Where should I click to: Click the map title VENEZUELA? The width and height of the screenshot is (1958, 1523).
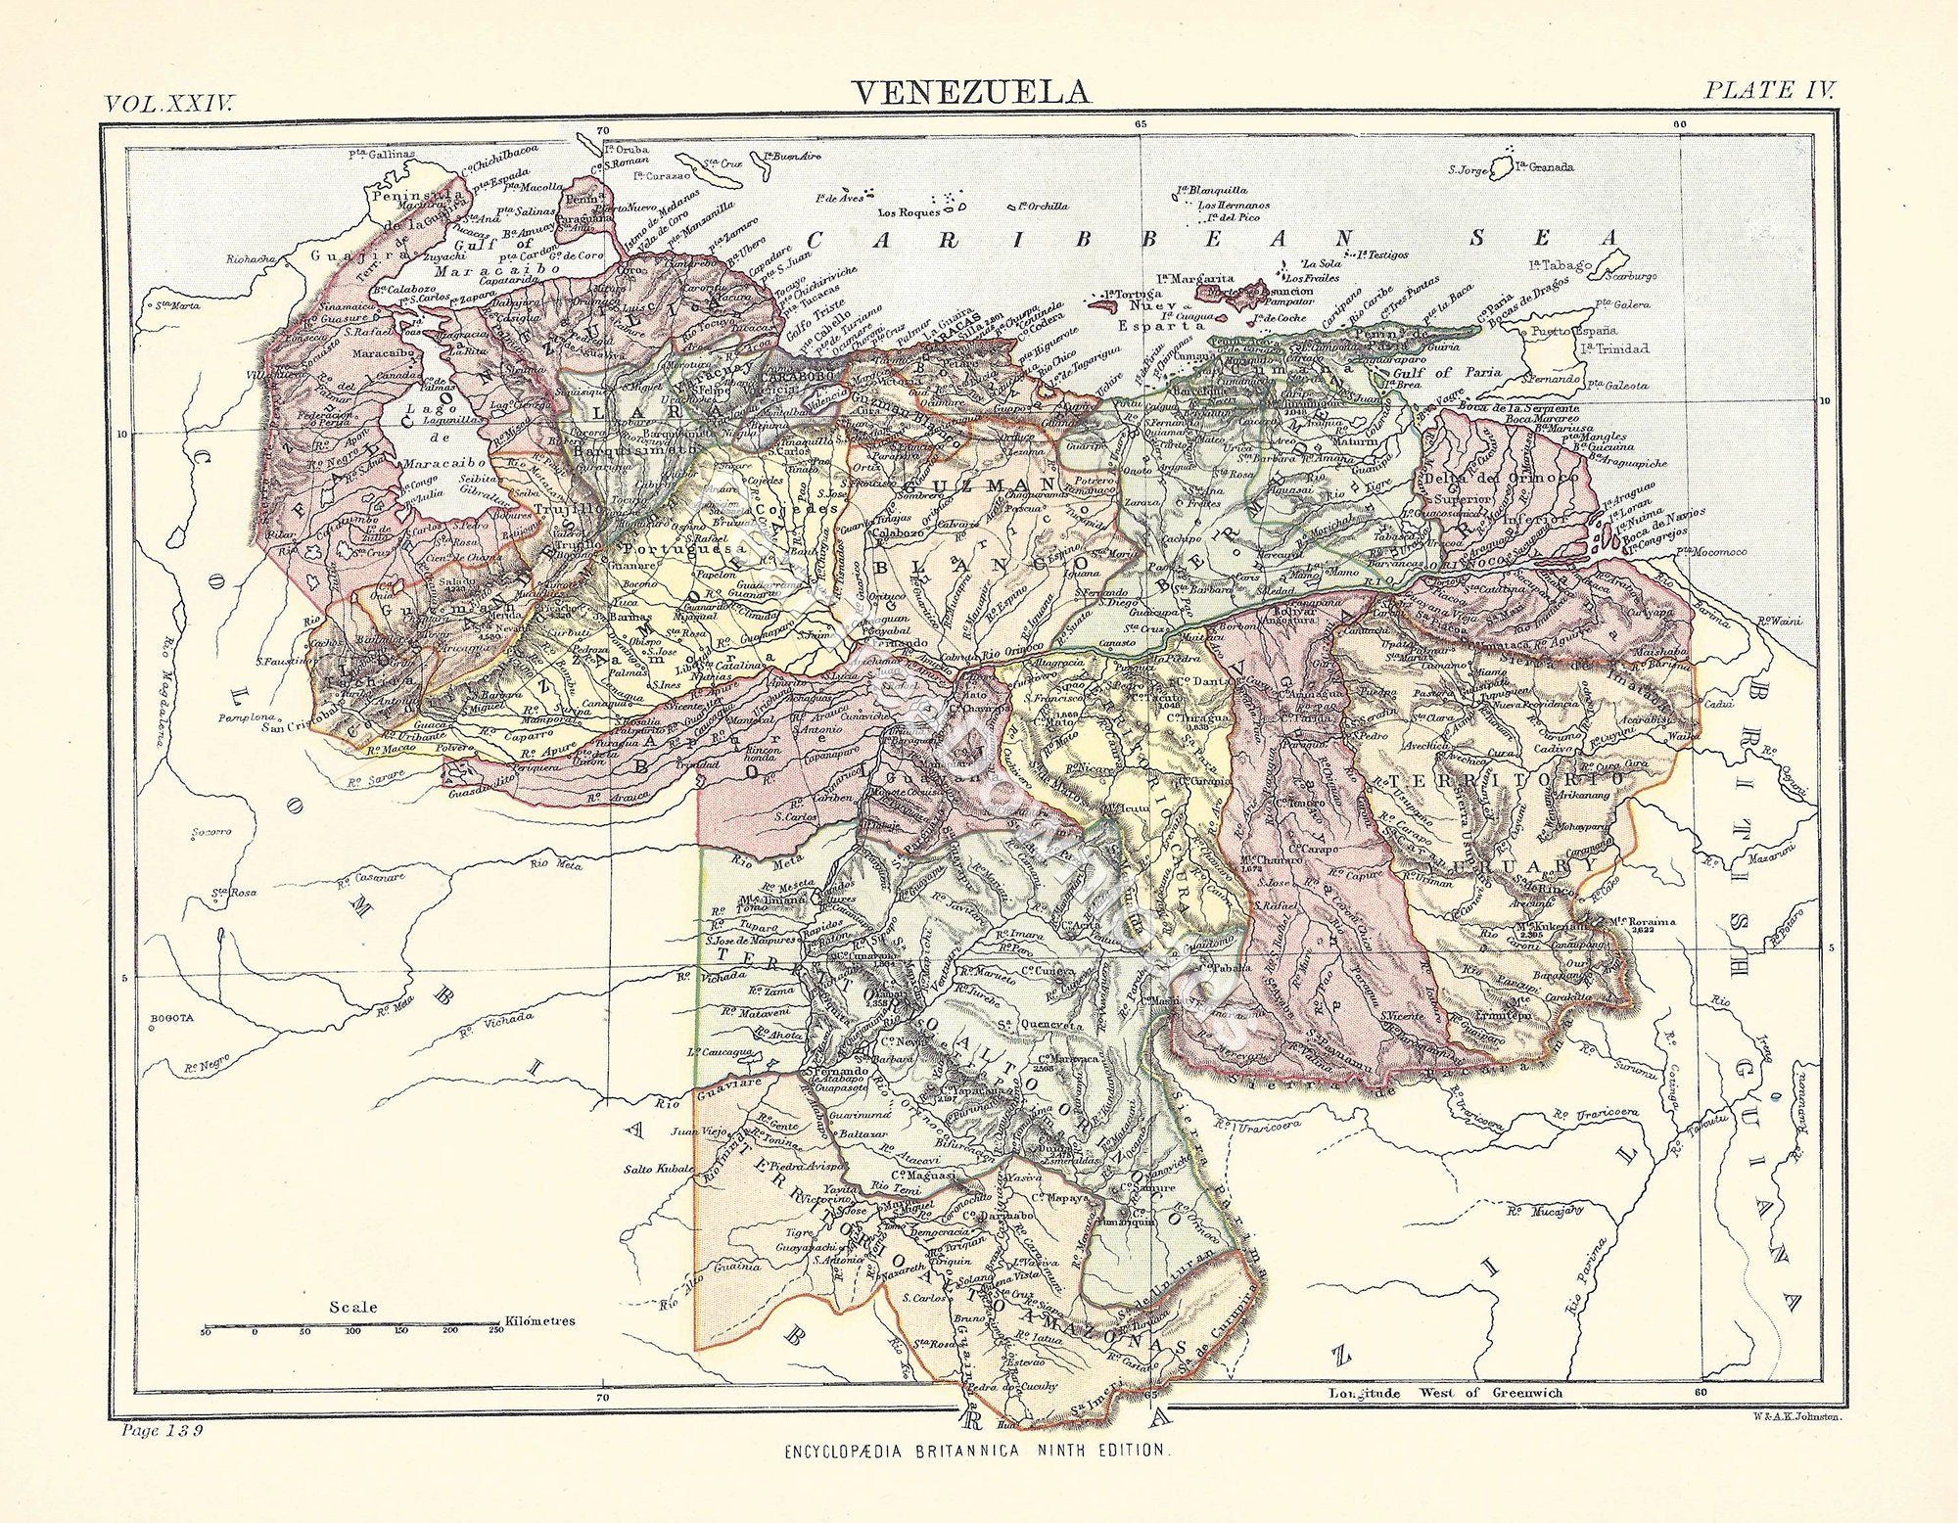point(970,92)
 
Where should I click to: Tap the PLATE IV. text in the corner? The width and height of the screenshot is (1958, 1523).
point(1768,90)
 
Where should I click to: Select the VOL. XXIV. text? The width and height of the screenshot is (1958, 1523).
point(169,104)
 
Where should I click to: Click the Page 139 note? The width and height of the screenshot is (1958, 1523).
point(162,1430)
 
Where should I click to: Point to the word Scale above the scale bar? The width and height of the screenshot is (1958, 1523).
point(352,1307)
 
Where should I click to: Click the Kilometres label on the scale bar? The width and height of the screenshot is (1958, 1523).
point(539,1320)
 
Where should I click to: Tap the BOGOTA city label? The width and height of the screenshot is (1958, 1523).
point(172,1018)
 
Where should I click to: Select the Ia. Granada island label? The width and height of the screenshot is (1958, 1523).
point(1544,166)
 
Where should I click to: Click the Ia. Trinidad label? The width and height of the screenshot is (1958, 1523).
point(1613,348)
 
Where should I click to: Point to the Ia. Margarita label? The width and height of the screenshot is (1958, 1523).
point(1194,279)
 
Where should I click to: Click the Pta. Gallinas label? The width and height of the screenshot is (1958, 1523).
point(382,154)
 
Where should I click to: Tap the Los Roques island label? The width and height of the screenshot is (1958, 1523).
point(909,211)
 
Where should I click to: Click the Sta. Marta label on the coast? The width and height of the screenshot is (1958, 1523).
point(176,305)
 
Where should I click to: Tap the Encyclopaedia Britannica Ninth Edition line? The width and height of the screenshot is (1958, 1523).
point(975,1451)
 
